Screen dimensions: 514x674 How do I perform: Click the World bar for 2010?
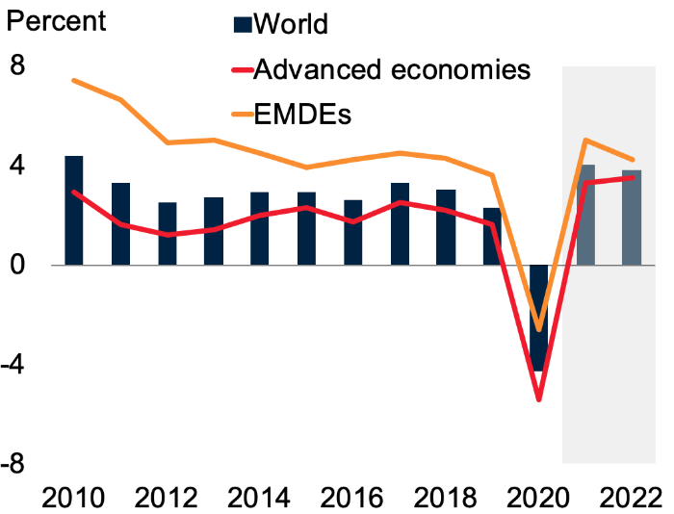coord(74,211)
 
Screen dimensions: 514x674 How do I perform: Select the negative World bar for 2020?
coord(539,318)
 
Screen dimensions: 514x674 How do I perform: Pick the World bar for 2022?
coord(632,218)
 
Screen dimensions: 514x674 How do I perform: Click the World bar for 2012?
coord(167,234)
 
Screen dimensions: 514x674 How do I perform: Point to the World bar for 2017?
coord(400,224)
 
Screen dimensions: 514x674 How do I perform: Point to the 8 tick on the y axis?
coord(18,66)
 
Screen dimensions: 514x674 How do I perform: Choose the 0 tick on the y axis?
coord(18,266)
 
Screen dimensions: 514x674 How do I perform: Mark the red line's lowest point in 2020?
coord(539,399)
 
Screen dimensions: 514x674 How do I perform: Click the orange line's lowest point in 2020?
coord(539,329)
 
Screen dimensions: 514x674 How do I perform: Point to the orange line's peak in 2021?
coord(585,141)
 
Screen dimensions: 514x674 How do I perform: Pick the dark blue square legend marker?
coord(244,24)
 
